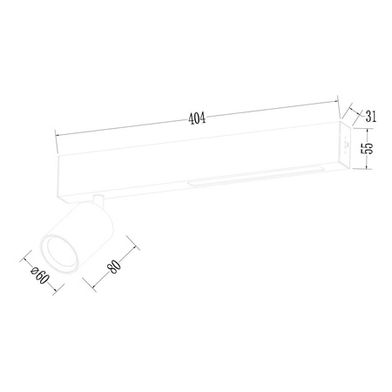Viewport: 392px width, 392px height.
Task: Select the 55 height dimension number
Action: pyautogui.click(x=370, y=148)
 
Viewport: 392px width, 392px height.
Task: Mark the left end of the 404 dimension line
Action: pyautogui.click(x=56, y=134)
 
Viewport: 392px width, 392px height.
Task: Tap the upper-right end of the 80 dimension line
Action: pyautogui.click(x=138, y=245)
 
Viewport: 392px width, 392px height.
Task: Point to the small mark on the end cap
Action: pyautogui.click(x=342, y=145)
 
